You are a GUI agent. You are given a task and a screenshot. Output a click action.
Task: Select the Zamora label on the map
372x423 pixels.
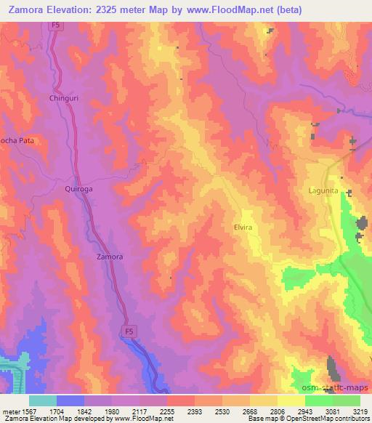(110, 257)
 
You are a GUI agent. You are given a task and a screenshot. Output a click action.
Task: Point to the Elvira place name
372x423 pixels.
(243, 227)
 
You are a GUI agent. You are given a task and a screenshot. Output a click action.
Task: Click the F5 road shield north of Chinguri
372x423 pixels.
(57, 25)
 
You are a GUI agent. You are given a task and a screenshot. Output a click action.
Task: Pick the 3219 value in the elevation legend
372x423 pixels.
(360, 410)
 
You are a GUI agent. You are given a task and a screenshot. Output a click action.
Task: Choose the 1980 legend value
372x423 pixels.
(112, 410)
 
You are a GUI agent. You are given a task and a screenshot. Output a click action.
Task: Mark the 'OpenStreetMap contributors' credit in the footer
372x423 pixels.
(319, 418)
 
